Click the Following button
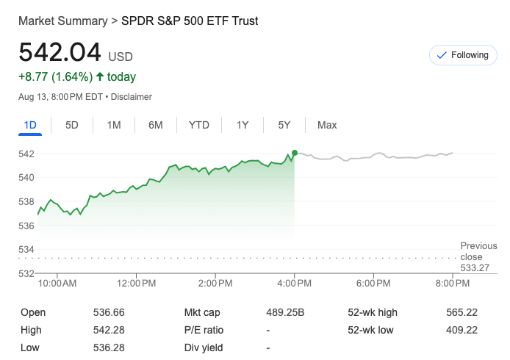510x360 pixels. point(462,55)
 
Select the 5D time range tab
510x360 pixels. point(72,125)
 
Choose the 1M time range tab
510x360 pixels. point(114,125)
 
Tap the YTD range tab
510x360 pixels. point(199,125)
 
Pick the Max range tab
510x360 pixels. point(327,125)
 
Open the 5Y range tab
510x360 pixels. point(284,125)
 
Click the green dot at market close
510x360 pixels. point(295,153)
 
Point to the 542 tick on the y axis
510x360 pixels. point(26,154)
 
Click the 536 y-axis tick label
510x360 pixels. point(26,226)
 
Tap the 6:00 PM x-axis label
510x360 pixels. point(373,283)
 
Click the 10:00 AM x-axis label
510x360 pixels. point(57,283)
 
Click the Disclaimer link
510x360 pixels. point(132,97)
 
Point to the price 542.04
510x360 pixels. point(60,54)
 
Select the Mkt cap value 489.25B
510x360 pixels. point(284,312)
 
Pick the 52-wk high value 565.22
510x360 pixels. point(461,312)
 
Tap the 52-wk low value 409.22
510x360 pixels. point(461,330)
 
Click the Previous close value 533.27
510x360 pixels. point(475,268)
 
